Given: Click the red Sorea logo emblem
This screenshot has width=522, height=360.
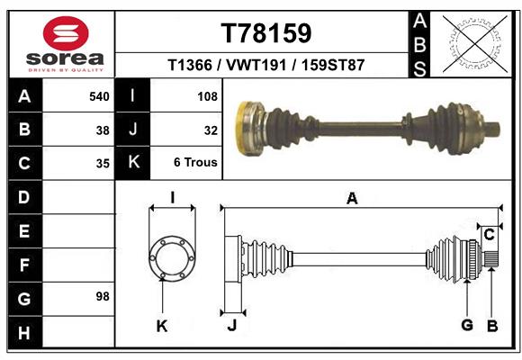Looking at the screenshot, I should point(66,36).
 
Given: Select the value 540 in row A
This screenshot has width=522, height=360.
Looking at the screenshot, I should point(99,95).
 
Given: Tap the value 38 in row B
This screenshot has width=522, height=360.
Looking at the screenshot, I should point(103,130).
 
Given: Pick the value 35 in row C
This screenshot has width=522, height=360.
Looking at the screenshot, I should point(103,164).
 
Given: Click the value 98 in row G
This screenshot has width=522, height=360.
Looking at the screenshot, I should point(103,296).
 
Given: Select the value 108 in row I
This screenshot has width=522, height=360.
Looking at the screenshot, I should point(206,95).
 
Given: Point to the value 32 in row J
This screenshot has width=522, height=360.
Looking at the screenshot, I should point(211,130).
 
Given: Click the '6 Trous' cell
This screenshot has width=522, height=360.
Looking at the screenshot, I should point(195,163).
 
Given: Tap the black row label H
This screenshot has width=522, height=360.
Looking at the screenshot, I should point(24,333).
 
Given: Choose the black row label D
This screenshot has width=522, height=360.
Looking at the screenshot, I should point(24,196).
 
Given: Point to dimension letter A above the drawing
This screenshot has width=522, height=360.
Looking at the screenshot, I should point(352,199).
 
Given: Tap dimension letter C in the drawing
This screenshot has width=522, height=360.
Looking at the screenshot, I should point(489,235).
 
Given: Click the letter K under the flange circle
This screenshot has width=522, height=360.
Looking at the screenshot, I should point(162,326).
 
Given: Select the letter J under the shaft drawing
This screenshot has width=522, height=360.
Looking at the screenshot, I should point(231,326).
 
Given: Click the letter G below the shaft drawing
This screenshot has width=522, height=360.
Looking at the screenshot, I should point(466,325).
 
